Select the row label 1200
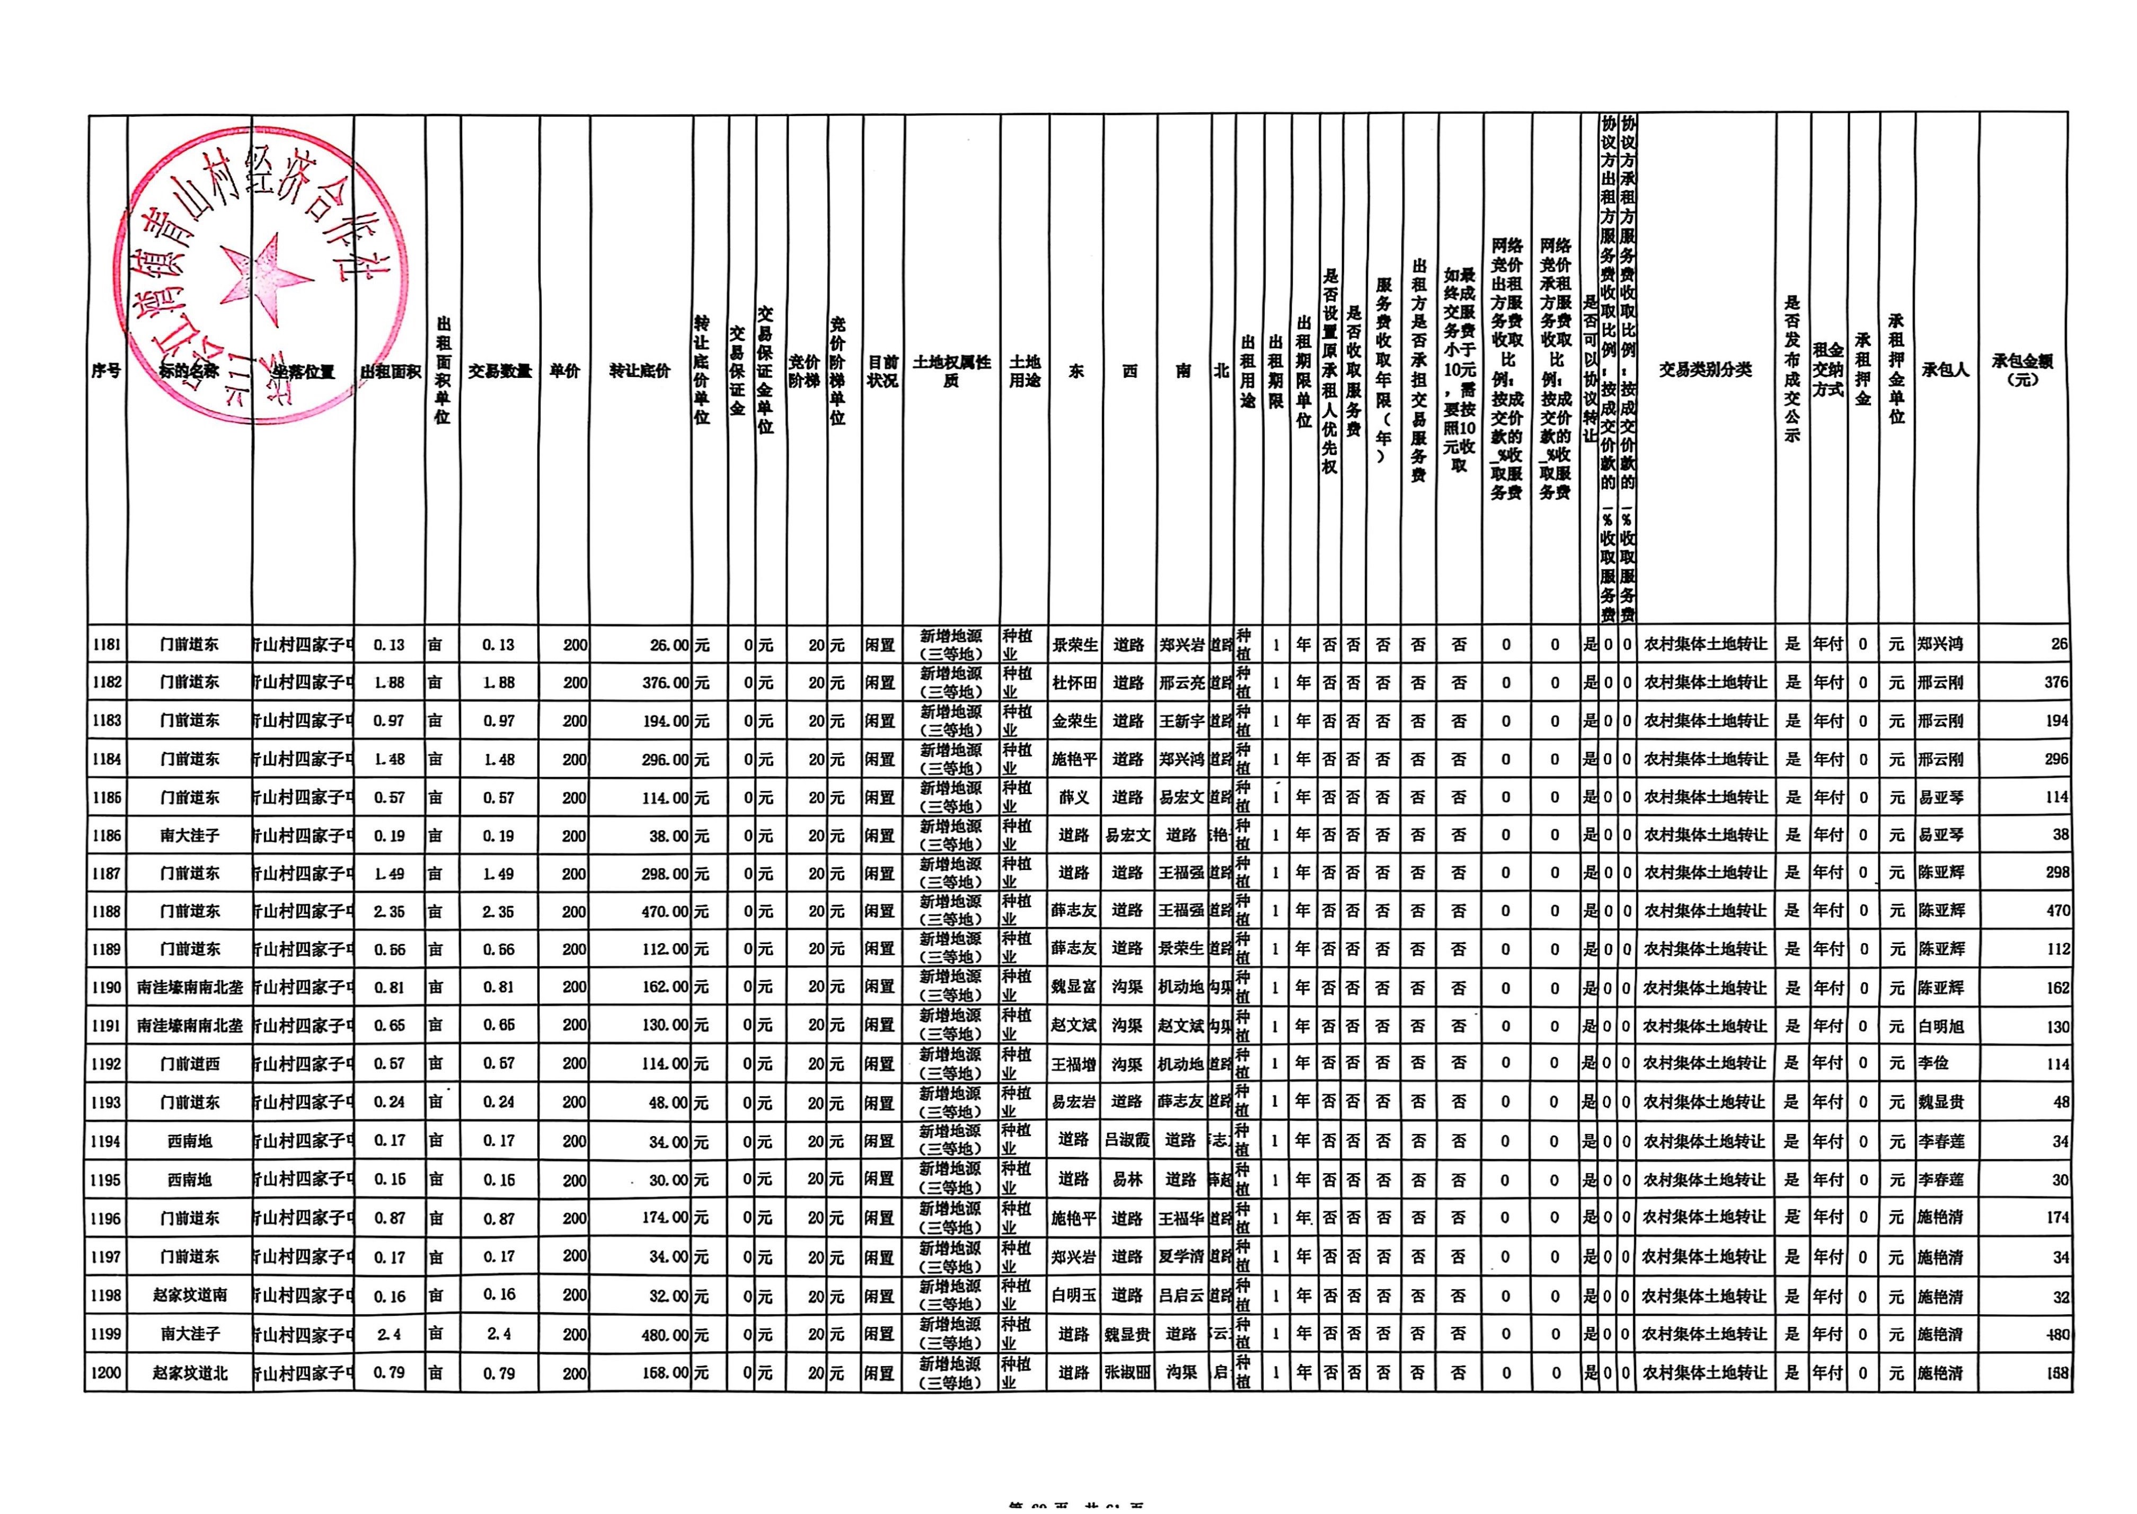[x=106, y=1373]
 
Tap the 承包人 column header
[x=1945, y=370]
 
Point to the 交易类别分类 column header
[x=1706, y=370]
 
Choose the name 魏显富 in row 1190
[x=1074, y=987]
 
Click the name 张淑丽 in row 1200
[x=1128, y=1373]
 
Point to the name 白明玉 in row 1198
[x=1074, y=1296]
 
